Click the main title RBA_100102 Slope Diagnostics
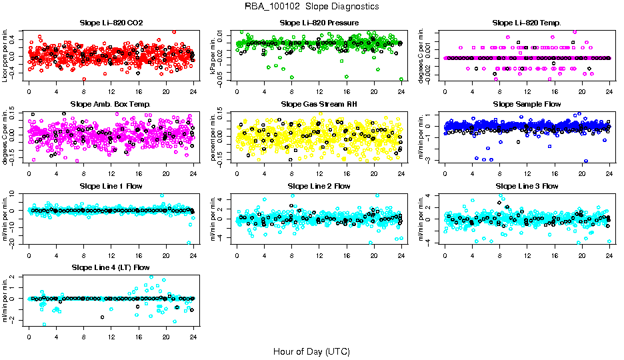point(312,6)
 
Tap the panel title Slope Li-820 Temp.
point(527,23)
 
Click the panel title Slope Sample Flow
point(527,105)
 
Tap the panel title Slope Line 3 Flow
point(527,186)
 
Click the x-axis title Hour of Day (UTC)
point(311,351)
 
